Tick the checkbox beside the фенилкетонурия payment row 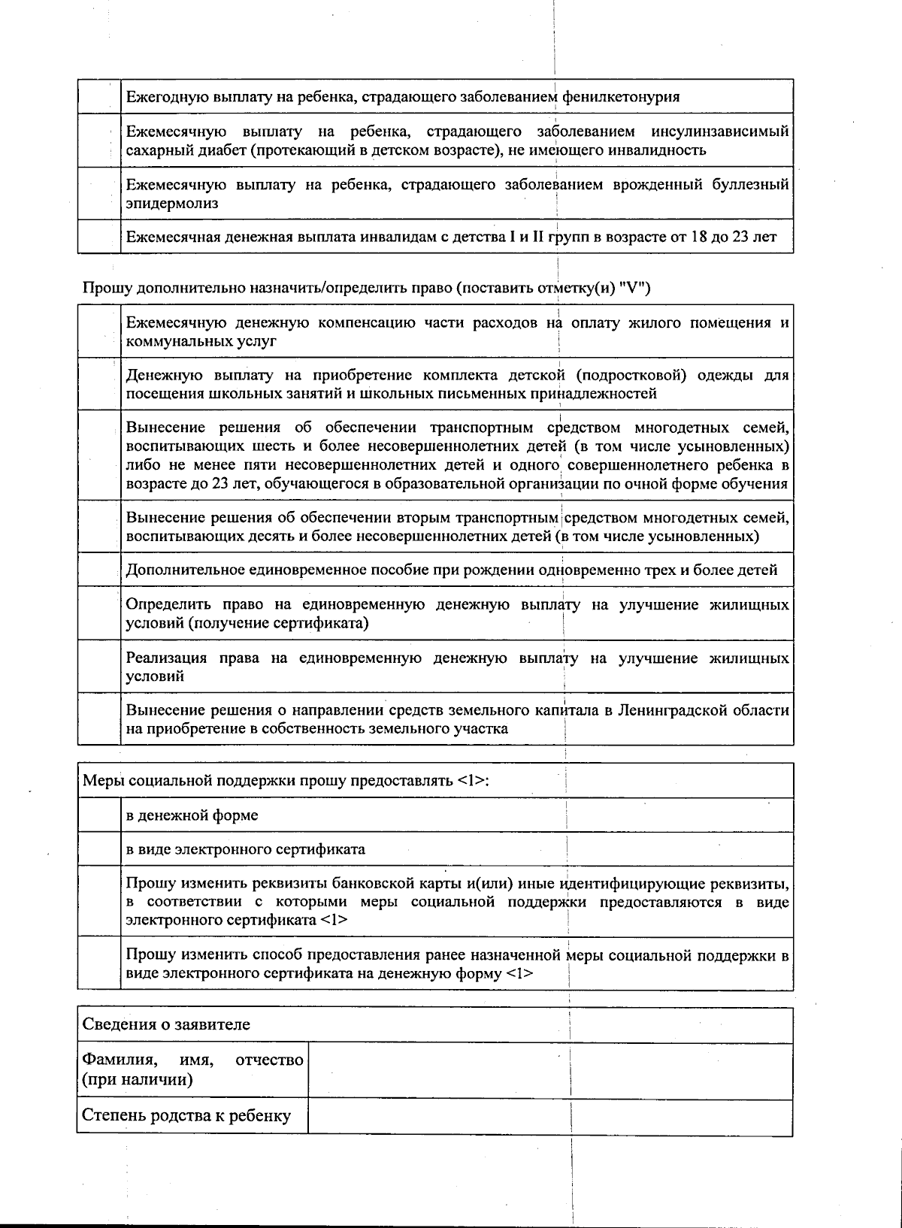pos(99,97)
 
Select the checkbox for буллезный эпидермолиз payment pos(99,194)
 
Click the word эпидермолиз pos(172,204)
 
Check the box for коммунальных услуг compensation pos(99,331)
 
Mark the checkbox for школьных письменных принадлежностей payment pos(99,384)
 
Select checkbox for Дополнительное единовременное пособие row pos(99,570)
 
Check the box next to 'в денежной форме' pos(99,815)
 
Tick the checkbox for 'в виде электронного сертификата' pos(99,849)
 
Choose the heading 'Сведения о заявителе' pos(166,1025)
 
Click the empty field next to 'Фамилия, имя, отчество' pos(550,1071)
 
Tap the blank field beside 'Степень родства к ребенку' pos(550,1117)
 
